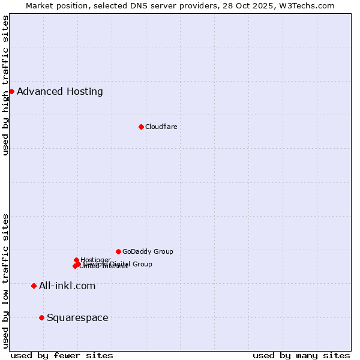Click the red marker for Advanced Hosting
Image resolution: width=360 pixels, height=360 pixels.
pos(11,91)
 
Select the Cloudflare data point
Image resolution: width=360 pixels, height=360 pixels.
pos(141,127)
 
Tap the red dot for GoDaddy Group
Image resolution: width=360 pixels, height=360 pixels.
pos(118,251)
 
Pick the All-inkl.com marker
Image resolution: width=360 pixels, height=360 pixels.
pos(34,286)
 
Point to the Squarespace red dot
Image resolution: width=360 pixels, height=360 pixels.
pos(41,317)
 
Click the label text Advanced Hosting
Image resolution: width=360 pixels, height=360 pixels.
pos(60,92)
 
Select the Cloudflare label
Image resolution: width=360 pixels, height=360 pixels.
pos(161,127)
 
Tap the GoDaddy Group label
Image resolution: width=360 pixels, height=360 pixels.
pos(148,251)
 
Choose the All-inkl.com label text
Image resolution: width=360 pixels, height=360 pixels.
pos(67,286)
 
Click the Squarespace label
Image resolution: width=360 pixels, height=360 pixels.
pos(77,318)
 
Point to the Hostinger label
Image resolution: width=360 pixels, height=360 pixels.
pos(95,260)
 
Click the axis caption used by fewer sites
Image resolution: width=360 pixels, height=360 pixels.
pos(62,355)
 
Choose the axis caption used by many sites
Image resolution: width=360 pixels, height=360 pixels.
pos(301,355)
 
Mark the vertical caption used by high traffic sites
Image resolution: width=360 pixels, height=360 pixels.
pos(5,86)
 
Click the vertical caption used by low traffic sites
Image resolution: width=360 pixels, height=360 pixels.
pos(5,280)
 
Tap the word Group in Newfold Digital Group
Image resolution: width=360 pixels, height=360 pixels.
pos(142,264)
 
